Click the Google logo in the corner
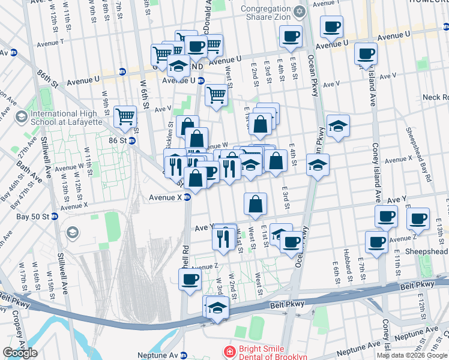20,353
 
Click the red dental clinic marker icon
229,351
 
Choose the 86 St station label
118,140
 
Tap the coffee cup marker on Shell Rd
190,280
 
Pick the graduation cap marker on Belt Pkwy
217,308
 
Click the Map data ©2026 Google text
412,355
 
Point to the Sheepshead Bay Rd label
418,155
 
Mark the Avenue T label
50,43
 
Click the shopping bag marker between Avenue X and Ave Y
255,205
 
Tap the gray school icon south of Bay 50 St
72,232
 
